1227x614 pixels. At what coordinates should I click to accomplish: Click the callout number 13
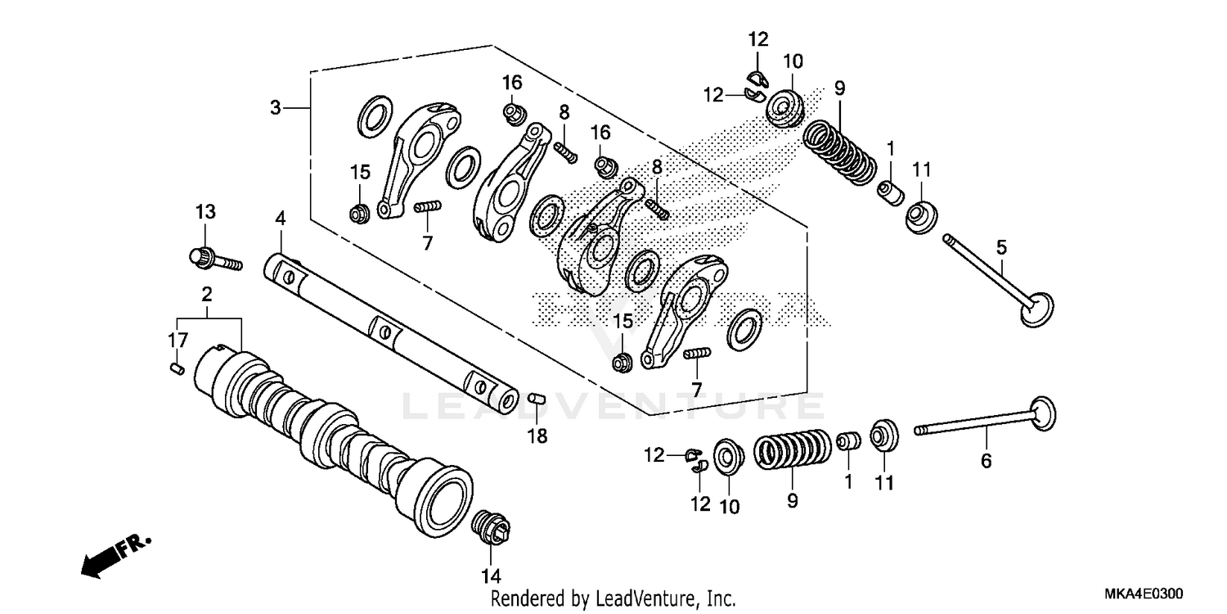pos(204,212)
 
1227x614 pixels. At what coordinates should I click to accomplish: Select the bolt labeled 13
pos(215,260)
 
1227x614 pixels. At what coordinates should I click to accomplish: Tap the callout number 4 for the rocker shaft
pos(281,219)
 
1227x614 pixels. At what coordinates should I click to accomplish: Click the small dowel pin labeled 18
pos(535,398)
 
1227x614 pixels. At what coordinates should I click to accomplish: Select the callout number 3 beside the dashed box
pos(276,107)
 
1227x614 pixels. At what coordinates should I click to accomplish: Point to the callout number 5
pos(1001,246)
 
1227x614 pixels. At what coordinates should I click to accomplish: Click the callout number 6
pos(986,461)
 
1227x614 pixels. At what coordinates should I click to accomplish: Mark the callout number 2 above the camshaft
pos(207,294)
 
